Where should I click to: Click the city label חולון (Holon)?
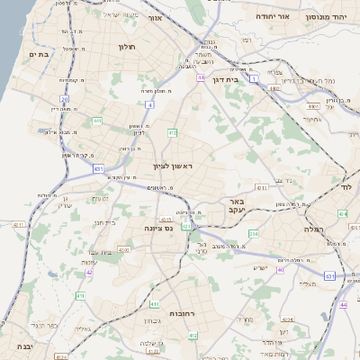pos(125,45)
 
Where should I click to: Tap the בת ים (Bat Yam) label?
pos(37,55)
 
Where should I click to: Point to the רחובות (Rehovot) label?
pos(157,314)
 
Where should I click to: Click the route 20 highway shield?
pos(64,98)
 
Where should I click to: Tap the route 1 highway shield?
pos(255,80)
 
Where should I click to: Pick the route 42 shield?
pos(89,272)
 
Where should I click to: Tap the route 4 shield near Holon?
pos(149,104)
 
